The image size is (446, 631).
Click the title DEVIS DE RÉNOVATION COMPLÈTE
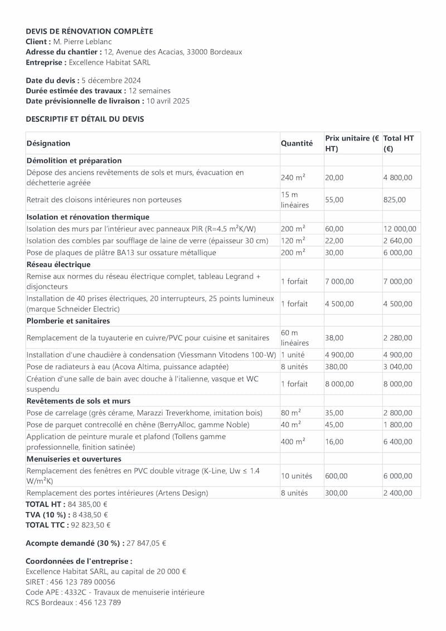(x=89, y=31)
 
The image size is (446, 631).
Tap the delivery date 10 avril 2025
(x=168, y=101)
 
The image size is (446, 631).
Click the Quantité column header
(x=297, y=143)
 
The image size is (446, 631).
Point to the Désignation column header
(x=49, y=143)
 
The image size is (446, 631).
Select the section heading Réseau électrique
(x=59, y=264)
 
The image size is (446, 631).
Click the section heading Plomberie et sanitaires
(x=68, y=321)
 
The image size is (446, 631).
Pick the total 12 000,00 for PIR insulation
(x=400, y=229)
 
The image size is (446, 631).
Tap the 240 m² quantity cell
(x=293, y=177)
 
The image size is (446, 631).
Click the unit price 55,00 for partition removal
(x=334, y=200)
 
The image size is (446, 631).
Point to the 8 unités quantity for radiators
(x=295, y=367)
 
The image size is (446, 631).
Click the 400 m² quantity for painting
(x=293, y=441)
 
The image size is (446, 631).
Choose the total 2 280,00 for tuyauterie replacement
(x=397, y=338)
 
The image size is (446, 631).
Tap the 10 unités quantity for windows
(x=297, y=476)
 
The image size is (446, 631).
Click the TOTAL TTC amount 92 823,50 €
(x=90, y=525)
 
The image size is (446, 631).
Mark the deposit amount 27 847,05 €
(x=146, y=543)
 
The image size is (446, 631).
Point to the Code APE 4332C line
(x=115, y=592)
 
